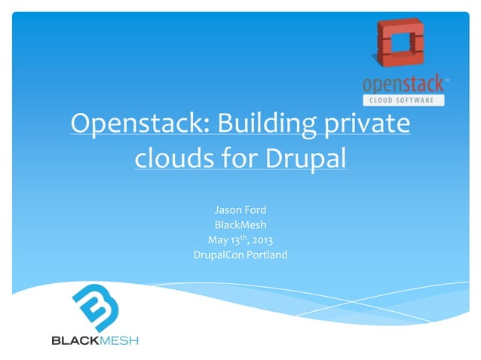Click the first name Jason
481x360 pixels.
[x=228, y=209]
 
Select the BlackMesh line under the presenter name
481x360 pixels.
[x=240, y=224]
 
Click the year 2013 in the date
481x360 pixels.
[x=262, y=240]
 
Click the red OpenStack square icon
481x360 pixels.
[x=400, y=43]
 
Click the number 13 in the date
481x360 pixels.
[x=236, y=240]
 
